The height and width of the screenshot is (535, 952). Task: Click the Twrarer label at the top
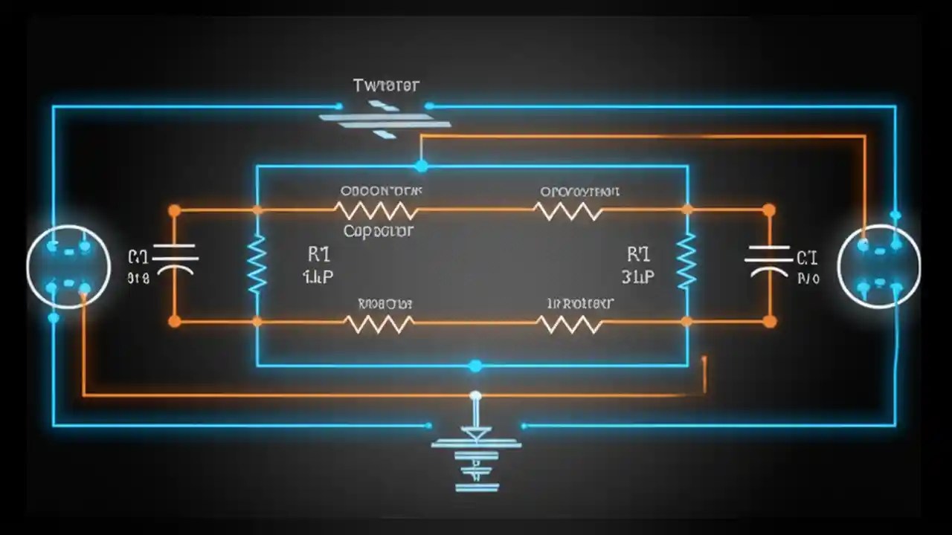click(x=386, y=85)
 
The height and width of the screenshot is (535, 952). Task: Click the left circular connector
click(x=68, y=267)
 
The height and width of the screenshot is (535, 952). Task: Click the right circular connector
click(x=879, y=267)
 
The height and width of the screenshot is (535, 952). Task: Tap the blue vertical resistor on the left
click(x=257, y=264)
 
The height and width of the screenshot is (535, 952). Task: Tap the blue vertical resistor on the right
click(x=686, y=261)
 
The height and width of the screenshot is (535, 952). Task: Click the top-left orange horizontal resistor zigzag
click(x=376, y=210)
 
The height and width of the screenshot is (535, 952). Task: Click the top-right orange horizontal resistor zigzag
click(x=568, y=211)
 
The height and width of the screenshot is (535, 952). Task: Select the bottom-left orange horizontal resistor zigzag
click(x=379, y=323)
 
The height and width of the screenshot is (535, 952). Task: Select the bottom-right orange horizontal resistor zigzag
click(x=569, y=323)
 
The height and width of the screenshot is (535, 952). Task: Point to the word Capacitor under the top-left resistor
click(x=379, y=231)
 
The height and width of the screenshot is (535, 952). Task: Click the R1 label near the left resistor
click(x=318, y=255)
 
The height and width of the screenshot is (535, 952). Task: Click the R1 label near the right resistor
click(x=638, y=255)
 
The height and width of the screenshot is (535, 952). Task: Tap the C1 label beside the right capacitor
click(x=807, y=259)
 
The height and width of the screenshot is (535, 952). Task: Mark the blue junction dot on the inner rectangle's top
click(x=422, y=166)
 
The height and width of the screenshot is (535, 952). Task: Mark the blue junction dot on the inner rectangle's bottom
click(x=475, y=366)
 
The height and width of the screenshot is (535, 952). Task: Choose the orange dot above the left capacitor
click(x=174, y=211)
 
